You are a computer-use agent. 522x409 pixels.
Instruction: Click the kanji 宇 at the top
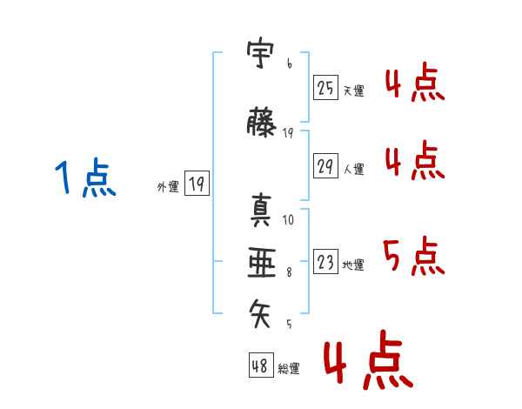260,55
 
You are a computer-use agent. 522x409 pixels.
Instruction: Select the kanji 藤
261,122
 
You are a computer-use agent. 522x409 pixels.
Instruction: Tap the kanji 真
261,211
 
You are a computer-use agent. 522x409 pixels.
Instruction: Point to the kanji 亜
262,263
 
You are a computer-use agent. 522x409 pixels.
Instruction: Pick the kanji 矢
260,313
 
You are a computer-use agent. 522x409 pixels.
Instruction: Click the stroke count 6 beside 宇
290,64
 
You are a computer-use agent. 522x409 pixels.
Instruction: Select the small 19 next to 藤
288,133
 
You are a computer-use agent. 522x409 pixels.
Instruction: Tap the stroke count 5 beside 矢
289,325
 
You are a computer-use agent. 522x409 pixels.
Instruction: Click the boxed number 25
325,87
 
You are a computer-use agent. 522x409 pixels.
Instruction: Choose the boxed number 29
325,165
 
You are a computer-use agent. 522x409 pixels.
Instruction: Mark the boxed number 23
325,261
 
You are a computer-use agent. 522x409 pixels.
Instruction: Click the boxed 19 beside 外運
197,183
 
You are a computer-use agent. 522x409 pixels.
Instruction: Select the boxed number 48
261,365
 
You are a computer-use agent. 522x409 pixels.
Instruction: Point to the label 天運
354,91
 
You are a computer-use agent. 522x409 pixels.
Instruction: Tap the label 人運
354,169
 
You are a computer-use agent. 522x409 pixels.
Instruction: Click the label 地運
353,265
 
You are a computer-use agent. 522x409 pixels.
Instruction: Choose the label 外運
168,187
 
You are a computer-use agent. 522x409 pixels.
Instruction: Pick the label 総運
289,369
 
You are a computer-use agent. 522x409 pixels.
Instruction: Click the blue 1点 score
85,178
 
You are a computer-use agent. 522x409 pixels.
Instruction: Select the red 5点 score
414,256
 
